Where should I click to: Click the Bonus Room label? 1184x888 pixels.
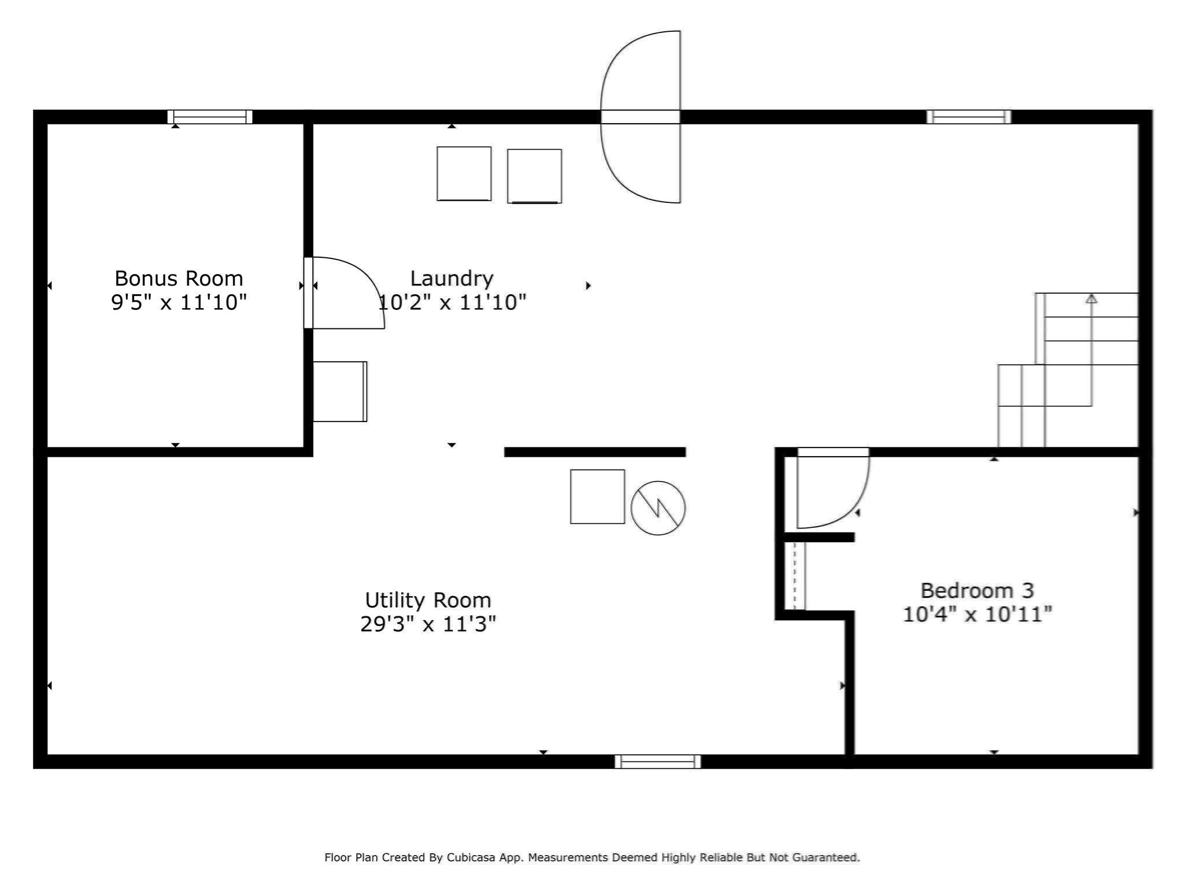tap(179, 279)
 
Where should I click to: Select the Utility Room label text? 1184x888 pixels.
tap(428, 600)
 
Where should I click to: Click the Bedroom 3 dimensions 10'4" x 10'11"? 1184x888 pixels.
tap(977, 614)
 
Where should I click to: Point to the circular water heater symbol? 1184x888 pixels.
tap(658, 508)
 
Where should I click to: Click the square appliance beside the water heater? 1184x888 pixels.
tap(597, 497)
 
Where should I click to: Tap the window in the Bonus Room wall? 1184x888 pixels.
tap(210, 117)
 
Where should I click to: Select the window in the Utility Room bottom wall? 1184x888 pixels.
tap(657, 761)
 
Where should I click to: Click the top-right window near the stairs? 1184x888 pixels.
tap(969, 117)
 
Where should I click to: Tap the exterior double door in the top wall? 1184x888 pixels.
tap(641, 117)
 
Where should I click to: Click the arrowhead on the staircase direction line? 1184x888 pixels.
tap(1091, 298)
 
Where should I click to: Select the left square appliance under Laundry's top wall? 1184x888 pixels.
tap(464, 173)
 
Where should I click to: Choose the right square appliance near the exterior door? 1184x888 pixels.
tap(534, 176)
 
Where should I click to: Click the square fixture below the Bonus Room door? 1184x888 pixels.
tap(340, 391)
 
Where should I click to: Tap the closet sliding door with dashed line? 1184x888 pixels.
tap(795, 575)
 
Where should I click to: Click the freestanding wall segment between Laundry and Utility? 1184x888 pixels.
tap(594, 452)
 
